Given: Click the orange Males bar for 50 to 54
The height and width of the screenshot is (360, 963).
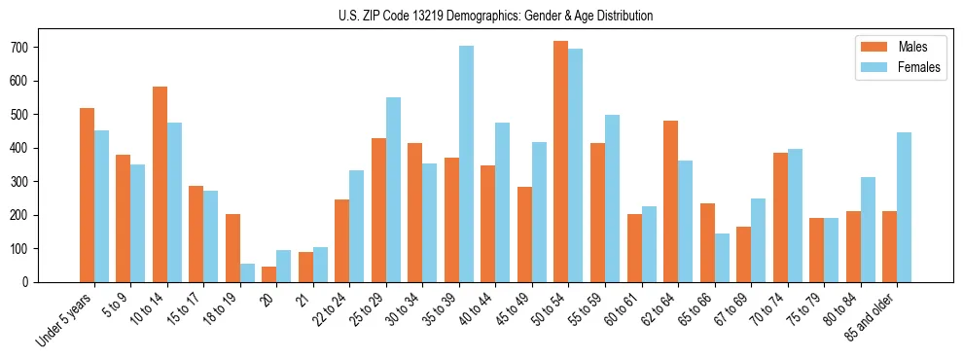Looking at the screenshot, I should pyautogui.click(x=560, y=162).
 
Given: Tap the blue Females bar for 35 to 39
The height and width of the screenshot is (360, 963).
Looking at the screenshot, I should pyautogui.click(x=466, y=163).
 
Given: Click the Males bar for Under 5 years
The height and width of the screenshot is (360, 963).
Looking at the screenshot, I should pyautogui.click(x=87, y=195).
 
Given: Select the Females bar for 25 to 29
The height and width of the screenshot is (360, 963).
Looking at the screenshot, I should pyautogui.click(x=393, y=190).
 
